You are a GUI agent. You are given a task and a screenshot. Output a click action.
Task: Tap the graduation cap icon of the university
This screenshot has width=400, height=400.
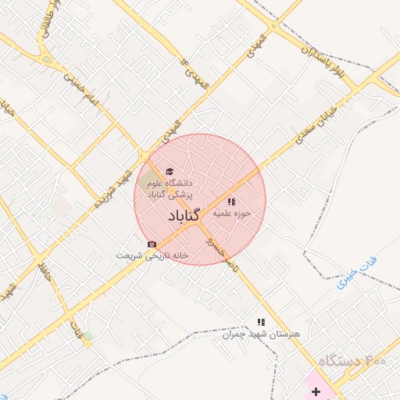click(x=169, y=172)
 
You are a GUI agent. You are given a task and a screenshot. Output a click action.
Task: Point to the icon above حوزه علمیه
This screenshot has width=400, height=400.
click(x=231, y=202)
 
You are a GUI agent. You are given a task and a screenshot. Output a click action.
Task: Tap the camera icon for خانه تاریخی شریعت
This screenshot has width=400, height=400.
click(x=152, y=245)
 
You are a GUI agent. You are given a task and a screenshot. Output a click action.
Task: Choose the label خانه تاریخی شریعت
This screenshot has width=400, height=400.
click(x=153, y=255)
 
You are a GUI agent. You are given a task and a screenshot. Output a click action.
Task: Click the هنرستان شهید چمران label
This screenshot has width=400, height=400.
click(x=261, y=334)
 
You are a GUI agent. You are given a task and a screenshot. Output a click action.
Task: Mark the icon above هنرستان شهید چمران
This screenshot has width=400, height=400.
click(x=262, y=322)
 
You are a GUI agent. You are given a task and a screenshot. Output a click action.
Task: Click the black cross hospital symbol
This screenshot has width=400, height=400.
click(x=316, y=389)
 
